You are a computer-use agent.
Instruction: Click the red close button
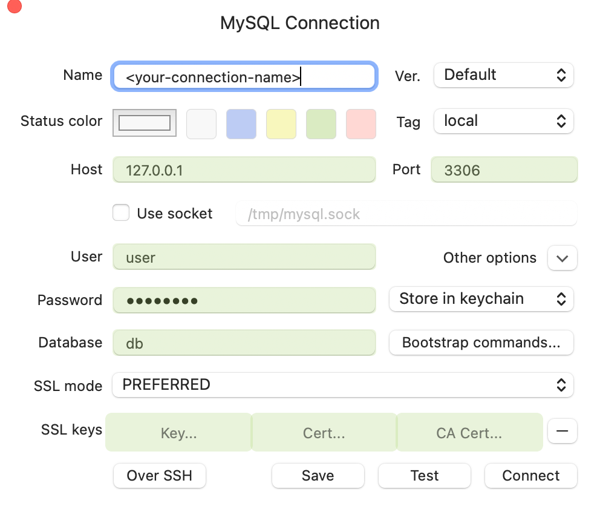point(14,5)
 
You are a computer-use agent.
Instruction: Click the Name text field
point(244,77)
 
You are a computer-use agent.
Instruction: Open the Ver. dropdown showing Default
point(504,75)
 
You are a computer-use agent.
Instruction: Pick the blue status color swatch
point(241,124)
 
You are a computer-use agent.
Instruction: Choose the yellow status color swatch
point(281,124)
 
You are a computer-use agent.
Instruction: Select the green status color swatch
point(321,124)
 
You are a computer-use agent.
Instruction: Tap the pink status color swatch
point(361,124)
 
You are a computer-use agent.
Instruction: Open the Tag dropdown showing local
point(504,122)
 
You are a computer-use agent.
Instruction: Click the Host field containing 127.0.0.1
point(244,169)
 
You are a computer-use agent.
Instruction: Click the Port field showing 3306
point(504,169)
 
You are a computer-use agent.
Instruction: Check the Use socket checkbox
point(121,212)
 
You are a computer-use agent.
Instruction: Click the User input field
point(244,257)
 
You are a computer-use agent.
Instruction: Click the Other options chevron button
point(562,258)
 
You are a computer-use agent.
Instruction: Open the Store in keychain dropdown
point(481,299)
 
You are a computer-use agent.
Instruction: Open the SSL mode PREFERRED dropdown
point(343,385)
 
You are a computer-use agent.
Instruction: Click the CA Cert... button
point(469,432)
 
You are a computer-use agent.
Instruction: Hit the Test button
point(425,476)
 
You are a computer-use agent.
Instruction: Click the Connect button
point(530,476)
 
